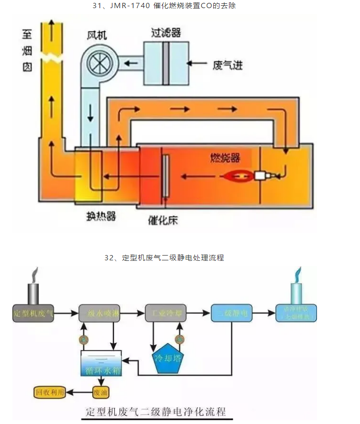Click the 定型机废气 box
pyautogui.click(x=33, y=313)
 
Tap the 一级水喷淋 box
pyautogui.click(x=99, y=313)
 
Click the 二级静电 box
pyautogui.click(x=231, y=313)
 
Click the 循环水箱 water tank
pyautogui.click(x=101, y=364)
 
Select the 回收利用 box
pyautogui.click(x=50, y=392)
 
